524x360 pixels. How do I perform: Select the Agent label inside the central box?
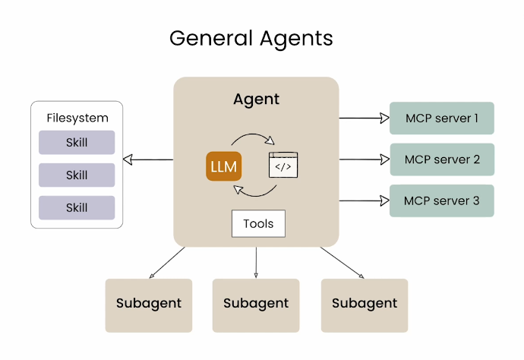click(256, 99)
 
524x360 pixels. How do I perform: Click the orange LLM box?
click(223, 166)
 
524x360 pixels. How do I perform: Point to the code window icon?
click(283, 165)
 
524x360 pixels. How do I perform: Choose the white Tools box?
click(258, 224)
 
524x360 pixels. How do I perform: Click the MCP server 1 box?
click(442, 118)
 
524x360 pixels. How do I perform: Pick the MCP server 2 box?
click(442, 159)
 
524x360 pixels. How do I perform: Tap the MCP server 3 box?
click(442, 201)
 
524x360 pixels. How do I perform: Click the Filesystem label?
click(77, 118)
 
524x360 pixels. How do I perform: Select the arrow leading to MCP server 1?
click(365, 118)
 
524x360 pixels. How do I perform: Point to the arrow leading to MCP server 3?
click(365, 201)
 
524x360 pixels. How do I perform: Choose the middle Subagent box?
click(256, 304)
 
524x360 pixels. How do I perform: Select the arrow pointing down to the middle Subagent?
click(256, 263)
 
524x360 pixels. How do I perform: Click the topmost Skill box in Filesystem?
click(77, 143)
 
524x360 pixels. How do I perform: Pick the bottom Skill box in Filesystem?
click(77, 207)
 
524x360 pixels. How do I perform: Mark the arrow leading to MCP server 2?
click(365, 159)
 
